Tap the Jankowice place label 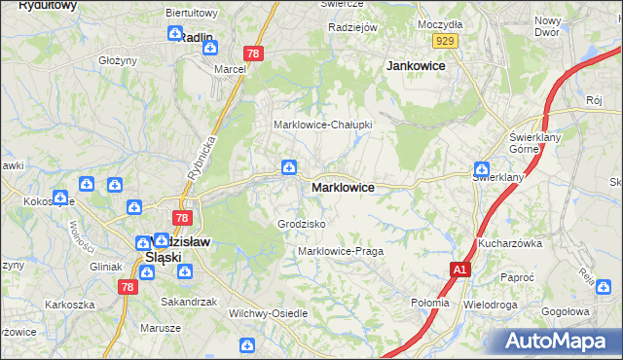pos(416,66)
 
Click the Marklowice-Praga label pos(341,251)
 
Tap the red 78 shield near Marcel pos(254,54)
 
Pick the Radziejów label pos(352,28)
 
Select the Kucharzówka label pos(509,243)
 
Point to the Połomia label pos(430,303)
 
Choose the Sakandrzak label pos(189,302)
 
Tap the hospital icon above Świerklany pos(481,167)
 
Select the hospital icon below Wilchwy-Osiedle pos(248,344)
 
